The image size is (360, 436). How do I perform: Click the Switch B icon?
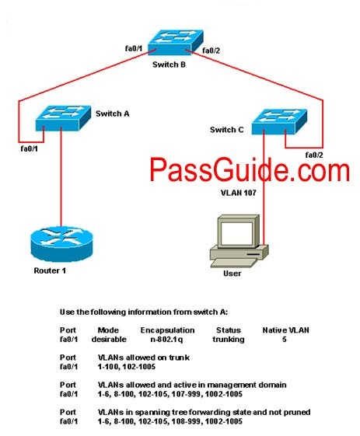[x=175, y=42]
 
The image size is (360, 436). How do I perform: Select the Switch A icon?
[x=63, y=118]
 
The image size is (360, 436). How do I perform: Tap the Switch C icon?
[x=279, y=121]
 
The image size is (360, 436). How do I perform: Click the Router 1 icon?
[x=61, y=244]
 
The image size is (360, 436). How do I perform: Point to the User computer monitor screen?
[x=236, y=232]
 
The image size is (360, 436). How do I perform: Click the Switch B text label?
[x=169, y=65]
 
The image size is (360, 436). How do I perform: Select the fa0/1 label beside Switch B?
[x=134, y=48]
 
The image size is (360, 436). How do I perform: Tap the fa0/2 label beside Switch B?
[x=211, y=51]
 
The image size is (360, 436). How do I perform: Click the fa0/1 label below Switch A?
[x=30, y=148]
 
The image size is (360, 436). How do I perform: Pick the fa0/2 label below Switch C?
[x=314, y=155]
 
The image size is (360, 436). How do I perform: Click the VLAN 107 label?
[x=239, y=193]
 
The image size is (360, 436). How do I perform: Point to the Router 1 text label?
[x=50, y=270]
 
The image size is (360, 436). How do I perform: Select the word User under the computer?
[x=232, y=274]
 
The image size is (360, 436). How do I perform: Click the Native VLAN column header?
[x=285, y=330]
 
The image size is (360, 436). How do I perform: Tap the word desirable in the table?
[x=109, y=339]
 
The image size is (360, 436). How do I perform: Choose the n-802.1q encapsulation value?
[x=166, y=339]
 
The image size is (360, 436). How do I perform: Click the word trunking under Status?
[x=229, y=339]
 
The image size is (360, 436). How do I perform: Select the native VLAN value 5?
[x=285, y=339]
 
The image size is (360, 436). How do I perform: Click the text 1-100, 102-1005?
[x=127, y=367]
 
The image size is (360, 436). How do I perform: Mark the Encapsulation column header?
[x=167, y=330]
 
